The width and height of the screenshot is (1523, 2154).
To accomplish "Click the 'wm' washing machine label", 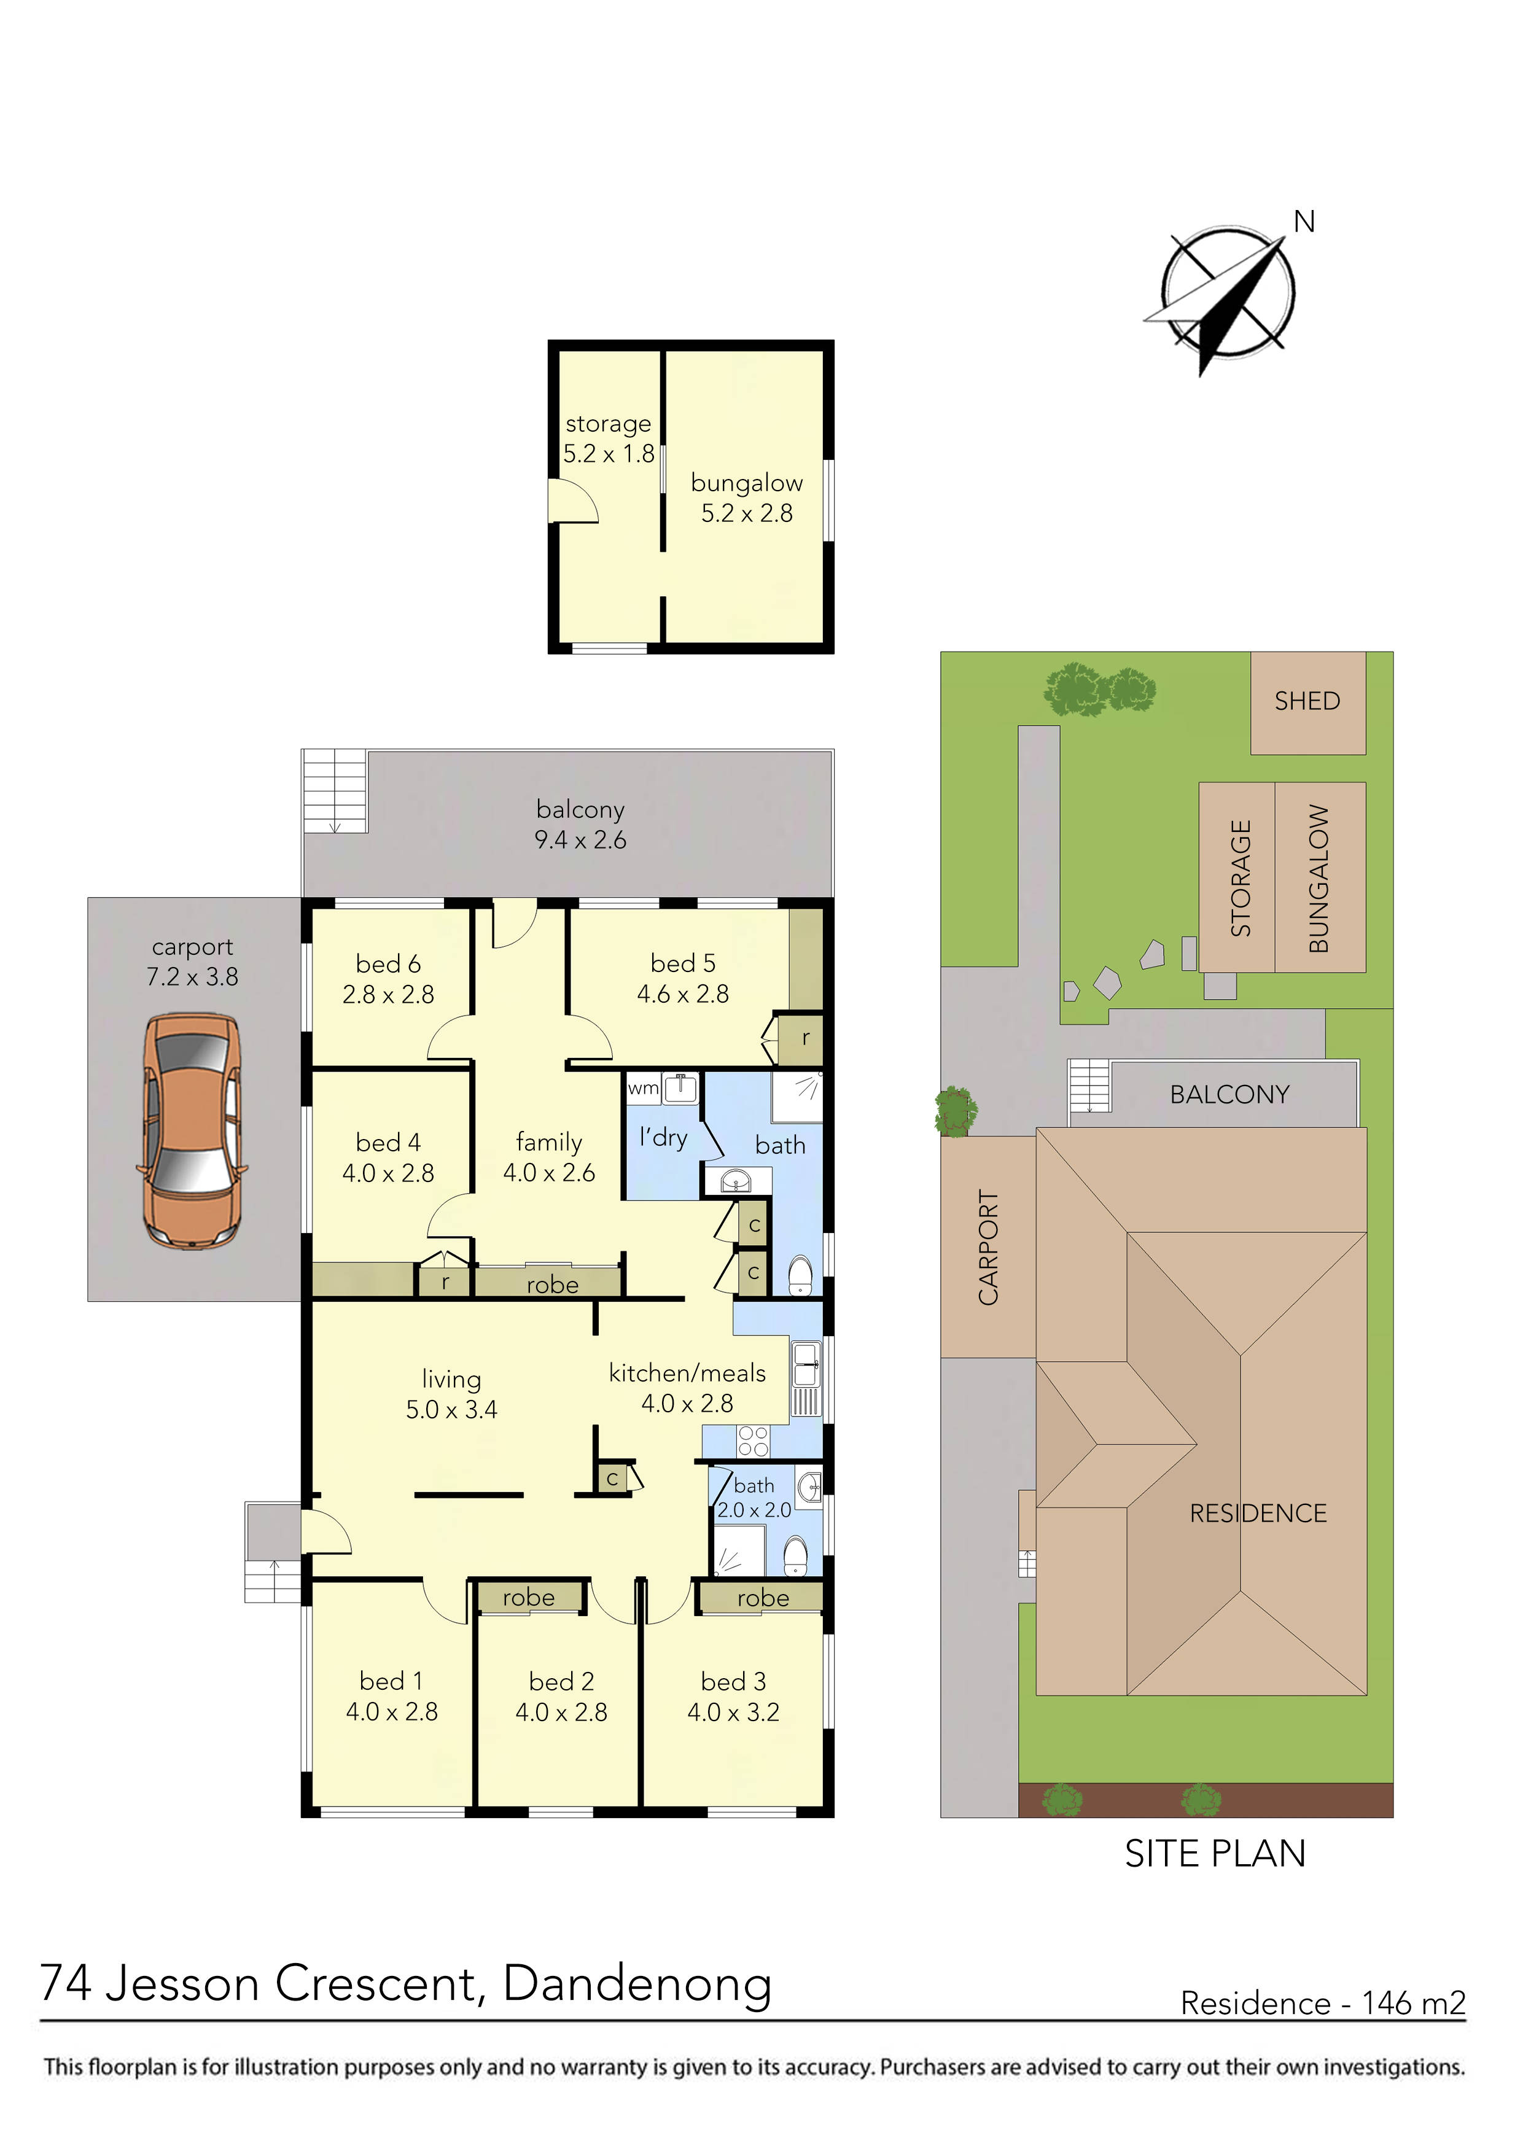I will (x=643, y=1088).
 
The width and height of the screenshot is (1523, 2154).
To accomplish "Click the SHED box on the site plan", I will (x=1307, y=702).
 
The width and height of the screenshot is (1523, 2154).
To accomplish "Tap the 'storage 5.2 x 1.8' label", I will (x=608, y=438).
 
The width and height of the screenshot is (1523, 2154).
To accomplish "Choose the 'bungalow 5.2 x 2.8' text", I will (x=747, y=498).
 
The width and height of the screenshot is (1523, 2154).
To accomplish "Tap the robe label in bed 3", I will (x=763, y=1598).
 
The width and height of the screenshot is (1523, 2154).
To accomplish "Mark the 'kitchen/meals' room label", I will (x=687, y=1374).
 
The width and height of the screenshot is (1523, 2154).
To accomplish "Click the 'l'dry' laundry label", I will (x=663, y=1137).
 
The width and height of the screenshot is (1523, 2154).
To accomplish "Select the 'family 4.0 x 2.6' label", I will (x=549, y=1157).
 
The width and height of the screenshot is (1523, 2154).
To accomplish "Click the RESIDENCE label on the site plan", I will (x=1258, y=1513).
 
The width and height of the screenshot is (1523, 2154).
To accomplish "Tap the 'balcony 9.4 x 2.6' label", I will (x=580, y=825).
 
